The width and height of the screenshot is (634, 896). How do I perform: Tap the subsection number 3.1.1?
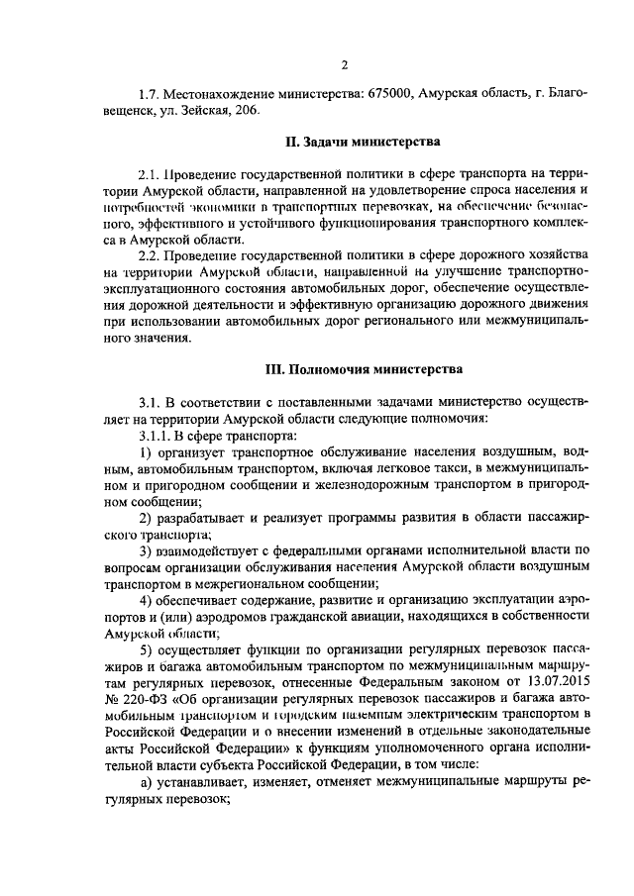click(155, 435)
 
